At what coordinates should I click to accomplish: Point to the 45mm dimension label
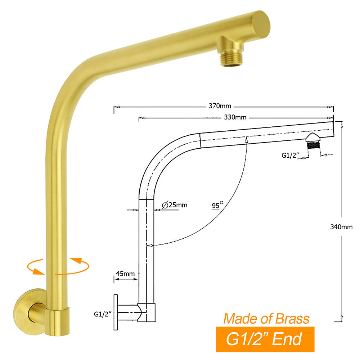tap(125, 274)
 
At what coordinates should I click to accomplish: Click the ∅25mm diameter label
tap(175, 205)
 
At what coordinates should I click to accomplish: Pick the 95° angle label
tap(217, 206)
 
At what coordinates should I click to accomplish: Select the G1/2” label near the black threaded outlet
tap(290, 156)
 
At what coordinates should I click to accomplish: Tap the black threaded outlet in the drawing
tap(314, 146)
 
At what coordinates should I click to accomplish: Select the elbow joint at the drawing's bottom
tap(147, 311)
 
